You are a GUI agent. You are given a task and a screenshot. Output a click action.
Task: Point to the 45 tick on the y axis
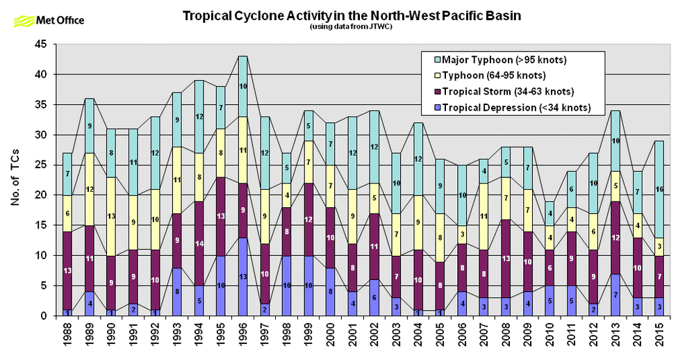(42, 44)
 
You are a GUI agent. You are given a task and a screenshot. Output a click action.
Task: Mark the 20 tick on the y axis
(42, 195)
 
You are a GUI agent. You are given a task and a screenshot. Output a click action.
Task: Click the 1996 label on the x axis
(242, 338)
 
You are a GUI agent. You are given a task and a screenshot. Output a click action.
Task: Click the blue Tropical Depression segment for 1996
(242, 277)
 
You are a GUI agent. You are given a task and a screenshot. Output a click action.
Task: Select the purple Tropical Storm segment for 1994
(199, 243)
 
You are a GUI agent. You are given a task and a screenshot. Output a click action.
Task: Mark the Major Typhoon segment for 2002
(373, 147)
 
